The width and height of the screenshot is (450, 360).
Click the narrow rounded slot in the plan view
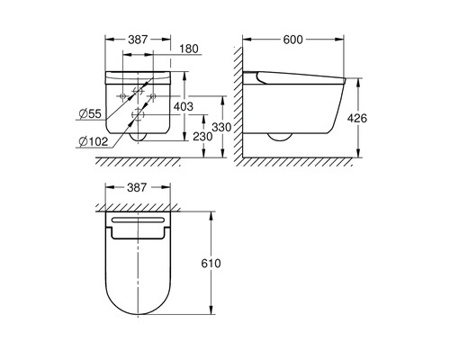(x=138, y=220)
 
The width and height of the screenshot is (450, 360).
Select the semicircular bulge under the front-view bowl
(x=138, y=139)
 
